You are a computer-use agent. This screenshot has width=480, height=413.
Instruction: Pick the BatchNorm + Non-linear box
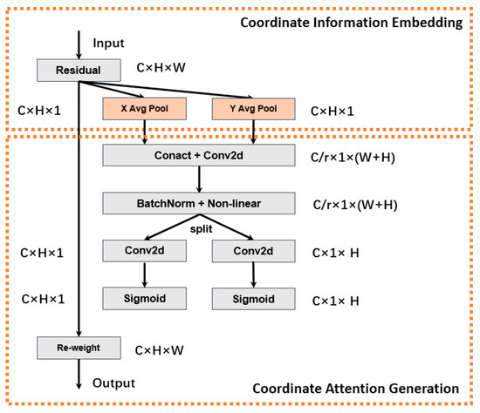point(199,204)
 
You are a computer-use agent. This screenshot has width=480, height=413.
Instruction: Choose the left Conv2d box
point(144,252)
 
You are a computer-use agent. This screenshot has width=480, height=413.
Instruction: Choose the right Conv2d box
point(253,252)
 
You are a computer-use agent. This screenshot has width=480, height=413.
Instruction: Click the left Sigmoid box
point(144,299)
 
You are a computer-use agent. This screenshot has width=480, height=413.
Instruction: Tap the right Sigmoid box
point(253,299)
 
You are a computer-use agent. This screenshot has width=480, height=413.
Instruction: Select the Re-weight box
point(79,348)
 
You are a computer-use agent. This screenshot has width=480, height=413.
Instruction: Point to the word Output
point(113,383)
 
